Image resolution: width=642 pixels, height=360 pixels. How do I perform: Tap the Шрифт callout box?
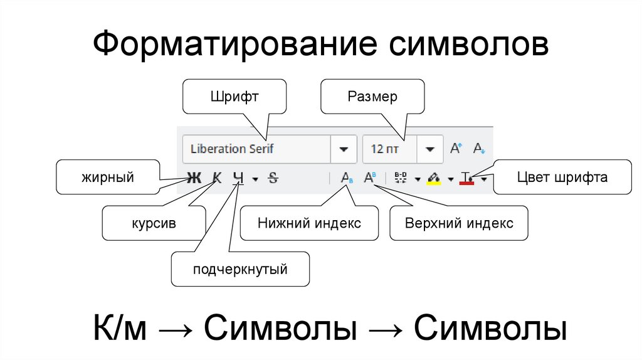(x=234, y=97)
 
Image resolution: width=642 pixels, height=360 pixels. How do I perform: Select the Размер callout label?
(x=372, y=97)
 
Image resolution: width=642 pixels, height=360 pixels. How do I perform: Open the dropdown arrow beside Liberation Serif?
(x=344, y=149)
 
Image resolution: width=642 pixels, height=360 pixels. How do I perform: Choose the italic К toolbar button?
(x=217, y=178)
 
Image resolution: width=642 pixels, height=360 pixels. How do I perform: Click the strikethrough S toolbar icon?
(x=273, y=178)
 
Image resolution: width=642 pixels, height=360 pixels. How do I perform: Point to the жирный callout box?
(x=107, y=177)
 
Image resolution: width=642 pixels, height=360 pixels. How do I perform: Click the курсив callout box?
(x=154, y=223)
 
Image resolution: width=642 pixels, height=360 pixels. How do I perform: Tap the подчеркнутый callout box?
(x=240, y=270)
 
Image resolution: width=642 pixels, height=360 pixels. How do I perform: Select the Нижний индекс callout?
(x=309, y=223)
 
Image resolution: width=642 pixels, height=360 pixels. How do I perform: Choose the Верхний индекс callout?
(x=458, y=223)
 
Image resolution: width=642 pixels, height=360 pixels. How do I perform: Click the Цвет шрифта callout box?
(x=562, y=177)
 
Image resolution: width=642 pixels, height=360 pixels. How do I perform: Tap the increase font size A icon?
(x=456, y=149)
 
